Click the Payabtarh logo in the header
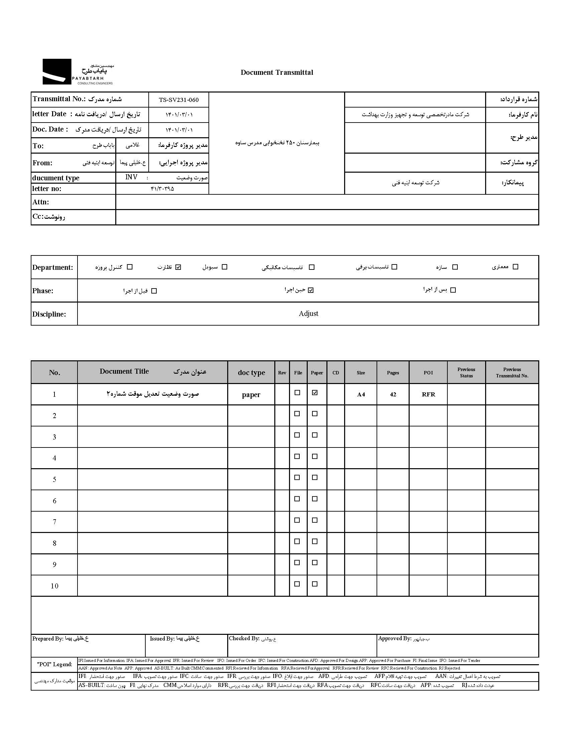point(78,71)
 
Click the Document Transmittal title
point(277,72)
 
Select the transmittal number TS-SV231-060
point(178,100)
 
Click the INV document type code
point(131,177)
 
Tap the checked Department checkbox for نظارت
point(178,267)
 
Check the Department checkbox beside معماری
point(516,267)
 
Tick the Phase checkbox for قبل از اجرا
point(154,291)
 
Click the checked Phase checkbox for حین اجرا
point(311,290)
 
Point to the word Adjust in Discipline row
point(308,314)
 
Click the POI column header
point(428,373)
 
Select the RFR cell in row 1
point(428,394)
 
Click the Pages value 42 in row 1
point(393,394)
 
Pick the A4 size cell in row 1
point(361,394)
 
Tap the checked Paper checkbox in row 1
point(314,393)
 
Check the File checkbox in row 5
point(297,478)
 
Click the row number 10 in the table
point(54,586)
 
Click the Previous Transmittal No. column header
point(512,373)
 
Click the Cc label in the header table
point(37,216)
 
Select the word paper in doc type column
point(251,395)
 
